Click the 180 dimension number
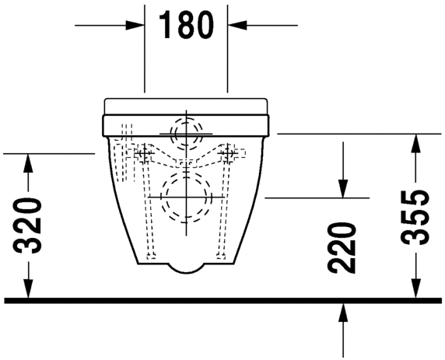pos(186,25)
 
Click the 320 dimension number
pos(27,225)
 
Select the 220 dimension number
pos(342,248)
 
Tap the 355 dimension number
pos(415,217)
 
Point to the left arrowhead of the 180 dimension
pos(135,25)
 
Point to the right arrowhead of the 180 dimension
pos(237,25)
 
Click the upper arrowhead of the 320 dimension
pos(28,163)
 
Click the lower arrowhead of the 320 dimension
pos(28,288)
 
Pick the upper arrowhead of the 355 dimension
pos(415,143)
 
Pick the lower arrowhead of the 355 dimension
pos(415,288)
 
